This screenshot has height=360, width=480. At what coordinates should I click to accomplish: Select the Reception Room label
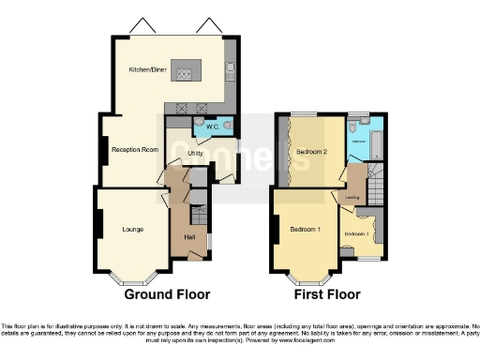pos(131,149)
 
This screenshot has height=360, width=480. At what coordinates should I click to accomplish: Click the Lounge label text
pos(132,228)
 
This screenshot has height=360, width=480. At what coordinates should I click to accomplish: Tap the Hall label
pos(190,236)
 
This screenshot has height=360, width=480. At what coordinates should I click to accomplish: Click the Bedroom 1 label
pos(305,230)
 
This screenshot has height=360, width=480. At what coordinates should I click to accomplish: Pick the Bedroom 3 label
pos(357,232)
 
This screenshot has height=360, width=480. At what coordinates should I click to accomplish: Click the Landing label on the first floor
pos(353,198)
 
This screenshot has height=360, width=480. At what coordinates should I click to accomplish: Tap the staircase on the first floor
pos(375,183)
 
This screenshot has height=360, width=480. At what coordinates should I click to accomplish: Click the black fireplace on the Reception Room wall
pos(103,150)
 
